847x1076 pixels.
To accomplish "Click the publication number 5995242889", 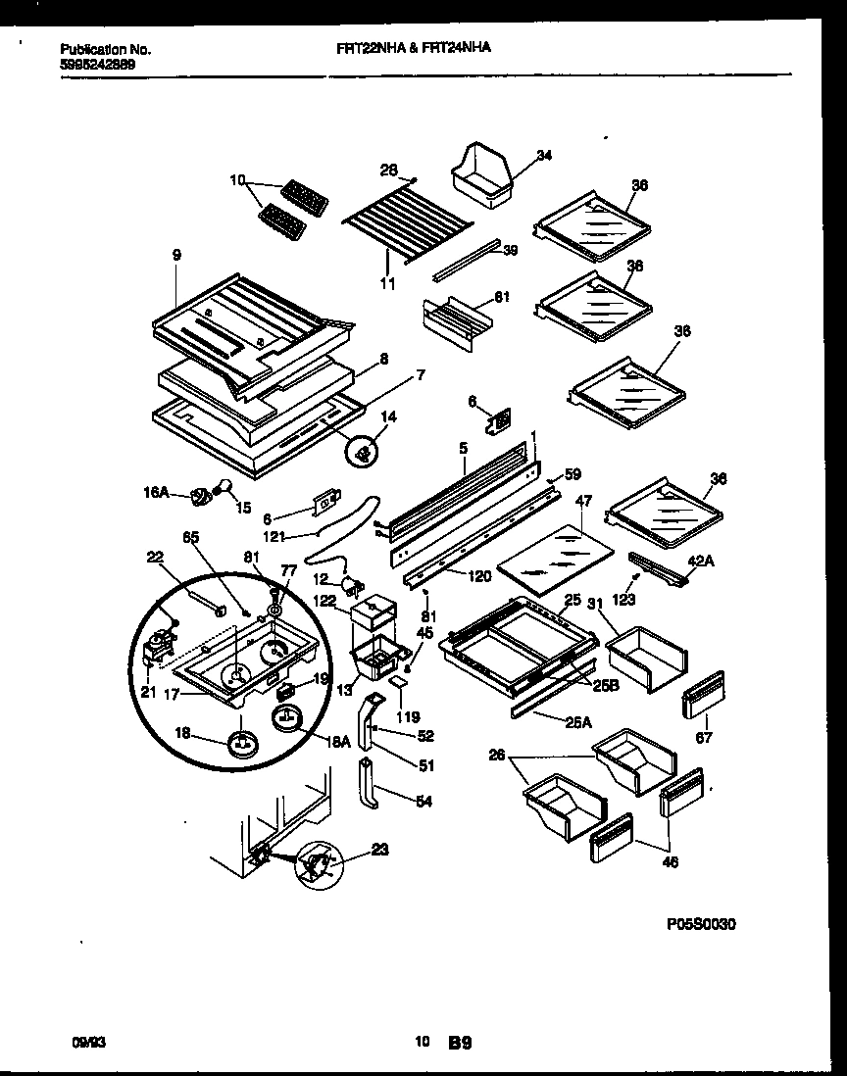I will click(98, 64).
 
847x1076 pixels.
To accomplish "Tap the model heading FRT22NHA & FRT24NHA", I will click(407, 46).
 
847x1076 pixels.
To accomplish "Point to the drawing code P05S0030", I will click(701, 924).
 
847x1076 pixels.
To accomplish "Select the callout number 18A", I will click(339, 743).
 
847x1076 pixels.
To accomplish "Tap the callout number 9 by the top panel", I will click(176, 256).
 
